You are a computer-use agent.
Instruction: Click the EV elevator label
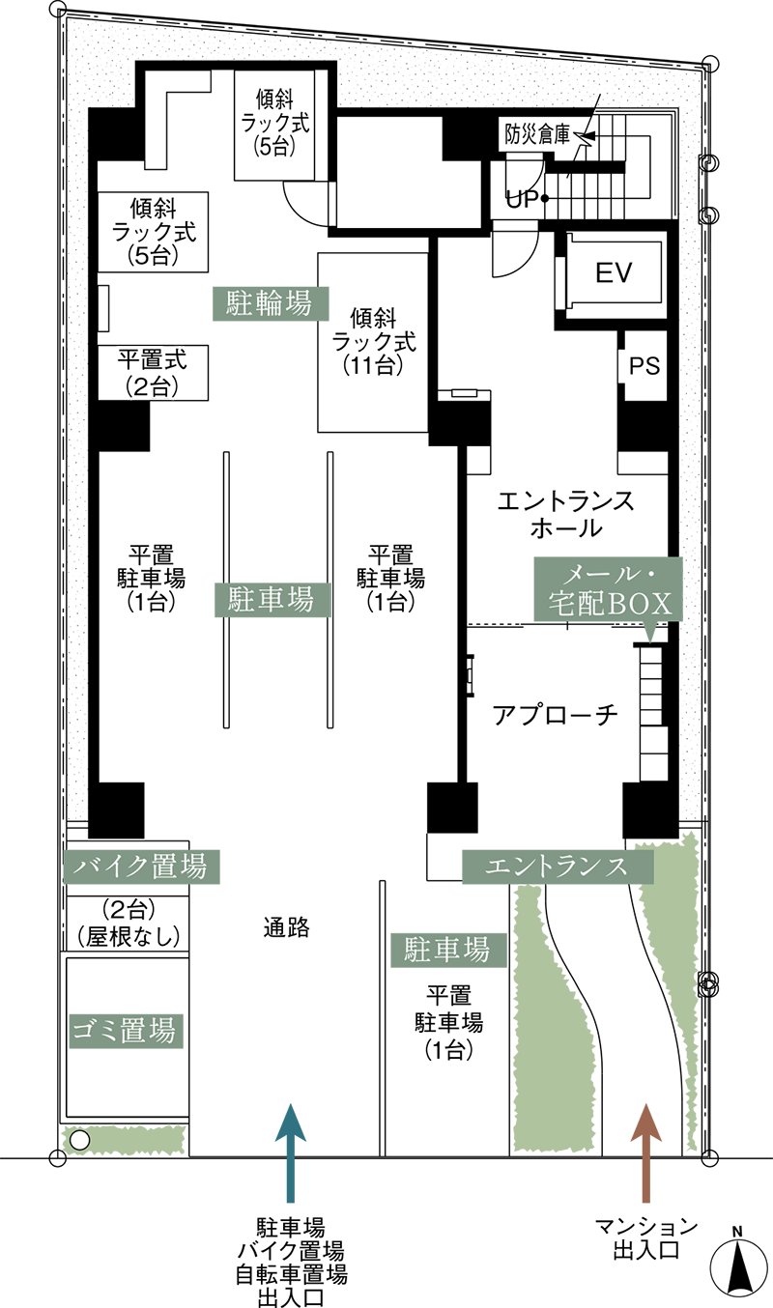click(x=614, y=272)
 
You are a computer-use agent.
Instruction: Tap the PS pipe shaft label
click(x=644, y=366)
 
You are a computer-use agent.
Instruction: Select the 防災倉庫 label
click(x=537, y=135)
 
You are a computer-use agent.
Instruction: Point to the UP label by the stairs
click(x=522, y=200)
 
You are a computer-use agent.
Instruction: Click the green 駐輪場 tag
click(x=270, y=303)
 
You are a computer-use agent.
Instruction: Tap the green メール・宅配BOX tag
click(x=608, y=588)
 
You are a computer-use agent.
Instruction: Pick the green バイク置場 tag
click(x=141, y=867)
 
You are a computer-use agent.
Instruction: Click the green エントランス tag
click(x=558, y=867)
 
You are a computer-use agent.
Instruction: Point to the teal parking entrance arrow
click(x=291, y=1152)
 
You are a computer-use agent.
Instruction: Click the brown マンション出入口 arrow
click(x=645, y=1152)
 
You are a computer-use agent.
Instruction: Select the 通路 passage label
click(x=286, y=927)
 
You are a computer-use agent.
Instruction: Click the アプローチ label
click(x=555, y=715)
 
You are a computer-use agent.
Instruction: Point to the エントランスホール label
click(x=565, y=515)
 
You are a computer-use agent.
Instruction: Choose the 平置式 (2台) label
click(x=153, y=373)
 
